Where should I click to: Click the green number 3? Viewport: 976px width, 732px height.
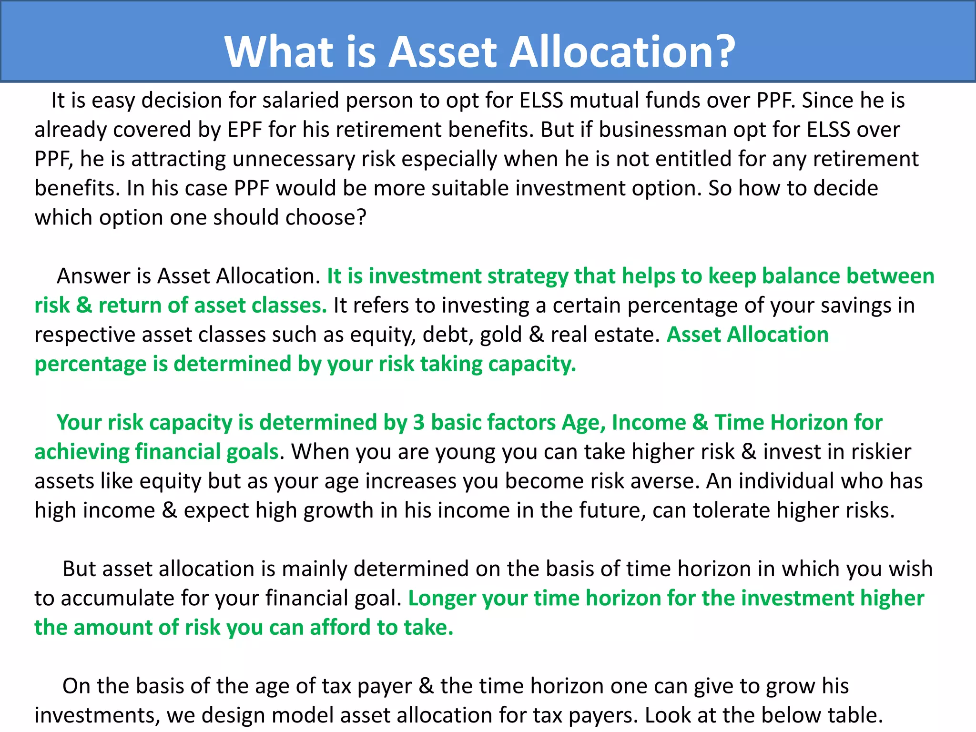pyautogui.click(x=418, y=423)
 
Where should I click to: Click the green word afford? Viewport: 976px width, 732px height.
pyautogui.click(x=340, y=628)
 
